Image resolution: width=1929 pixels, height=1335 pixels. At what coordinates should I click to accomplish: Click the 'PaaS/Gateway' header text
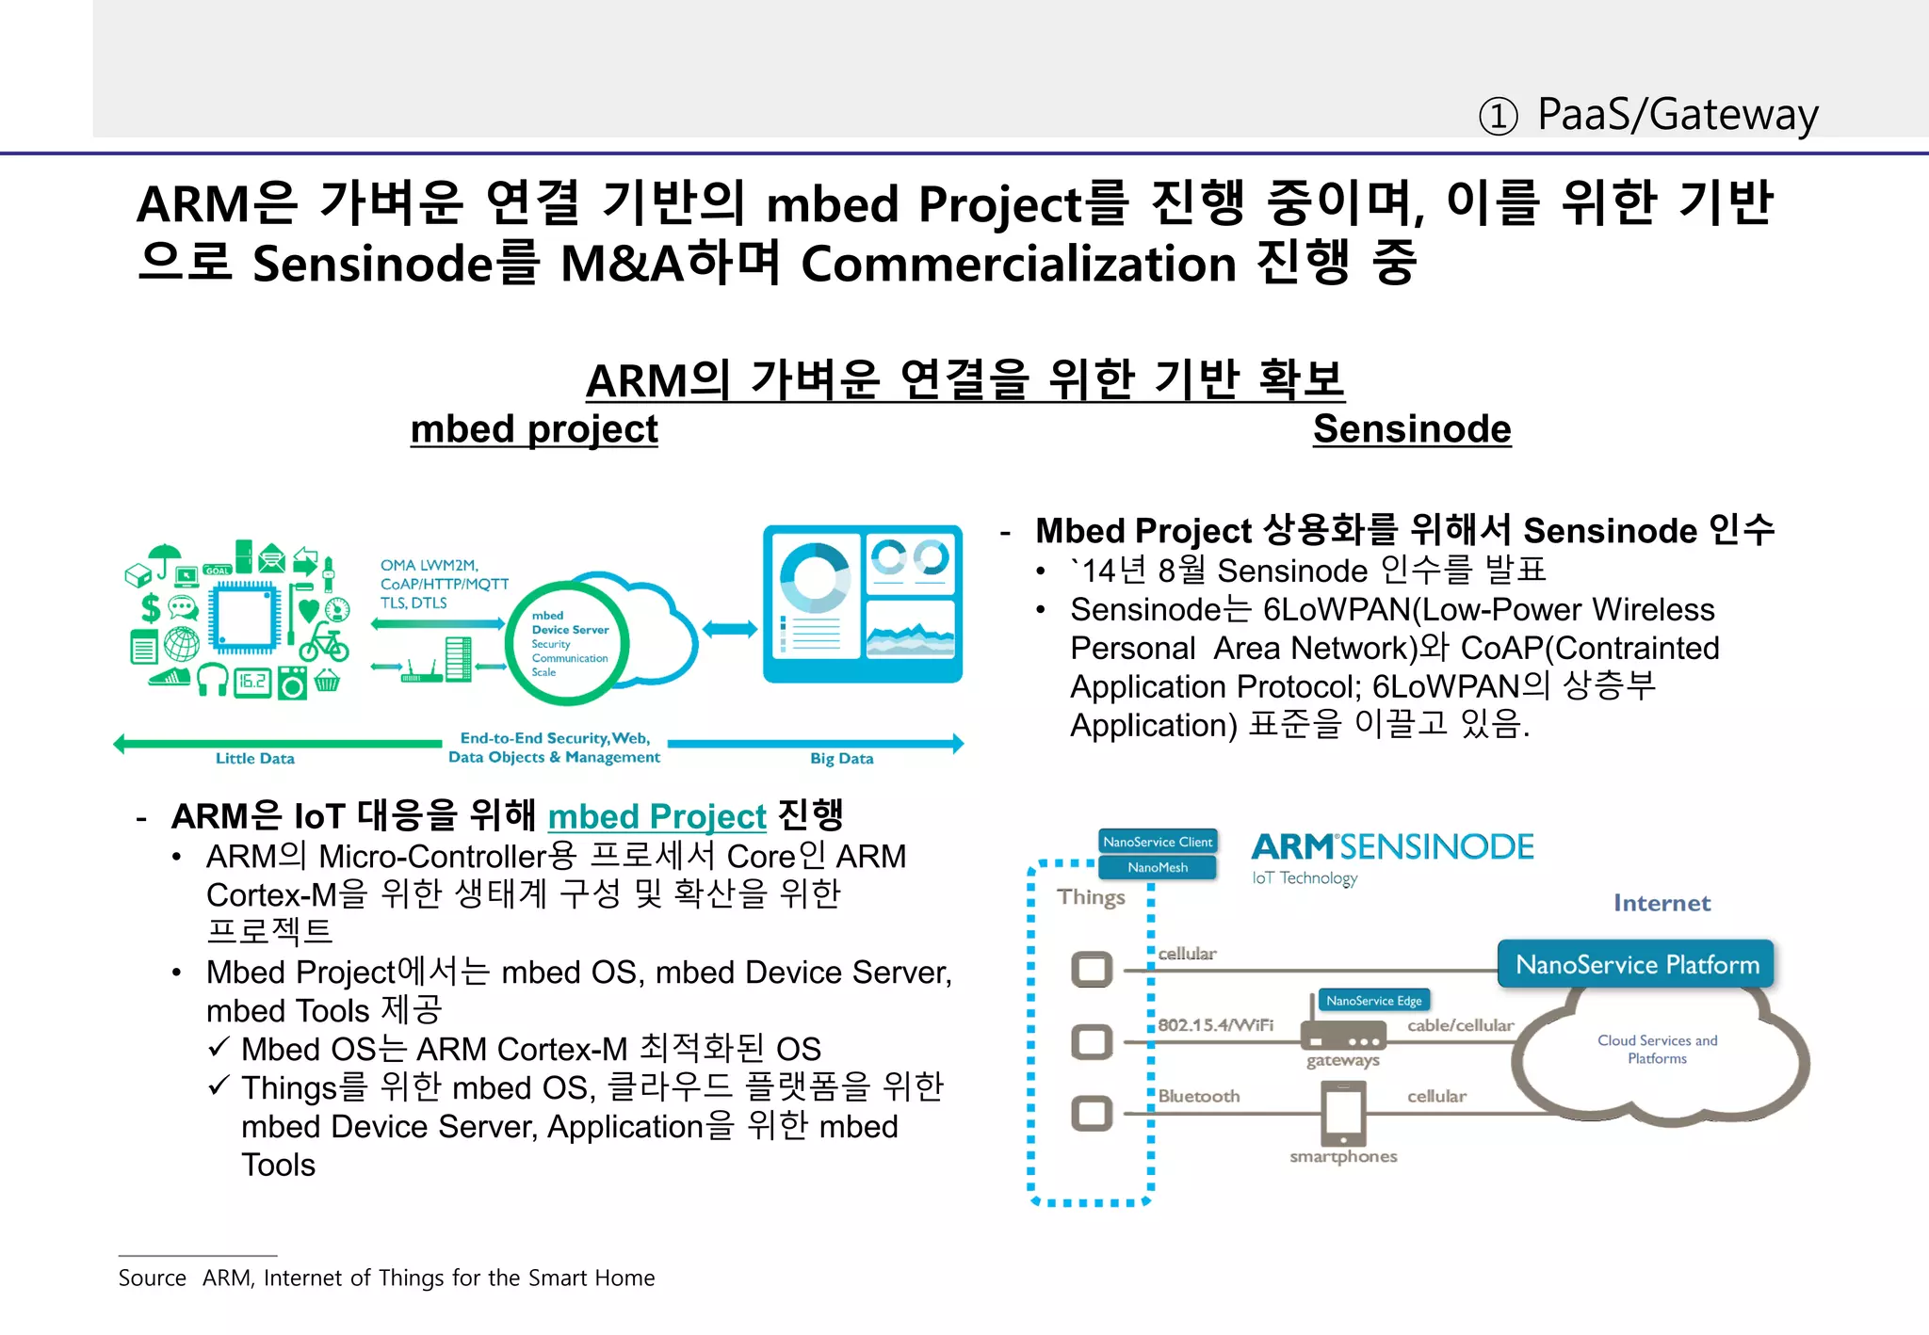pyautogui.click(x=1677, y=115)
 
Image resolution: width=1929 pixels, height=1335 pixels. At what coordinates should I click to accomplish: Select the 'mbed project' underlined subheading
pyautogui.click(x=534, y=429)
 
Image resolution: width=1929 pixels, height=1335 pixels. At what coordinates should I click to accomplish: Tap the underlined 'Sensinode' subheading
pyautogui.click(x=1412, y=429)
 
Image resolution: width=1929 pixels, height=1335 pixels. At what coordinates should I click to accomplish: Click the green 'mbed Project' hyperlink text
pyautogui.click(x=657, y=816)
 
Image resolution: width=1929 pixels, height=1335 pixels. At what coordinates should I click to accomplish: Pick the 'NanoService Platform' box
pyautogui.click(x=1636, y=964)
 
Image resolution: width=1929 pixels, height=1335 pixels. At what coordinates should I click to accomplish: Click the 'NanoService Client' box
pyautogui.click(x=1158, y=842)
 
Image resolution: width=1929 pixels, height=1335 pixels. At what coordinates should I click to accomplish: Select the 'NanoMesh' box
pyautogui.click(x=1158, y=867)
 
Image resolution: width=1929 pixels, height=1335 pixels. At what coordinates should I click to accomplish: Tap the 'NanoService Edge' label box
pyautogui.click(x=1373, y=1000)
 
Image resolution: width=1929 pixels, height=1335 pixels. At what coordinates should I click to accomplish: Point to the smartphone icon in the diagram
pyautogui.click(x=1343, y=1113)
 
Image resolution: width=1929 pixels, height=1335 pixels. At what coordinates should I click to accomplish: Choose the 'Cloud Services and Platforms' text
pyautogui.click(x=1657, y=1049)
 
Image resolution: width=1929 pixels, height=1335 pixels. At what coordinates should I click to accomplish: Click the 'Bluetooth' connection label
pyautogui.click(x=1198, y=1096)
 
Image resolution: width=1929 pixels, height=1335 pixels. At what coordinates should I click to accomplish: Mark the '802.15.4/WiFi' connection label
pyautogui.click(x=1215, y=1024)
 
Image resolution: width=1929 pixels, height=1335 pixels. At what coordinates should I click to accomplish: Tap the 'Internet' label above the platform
pyautogui.click(x=1662, y=903)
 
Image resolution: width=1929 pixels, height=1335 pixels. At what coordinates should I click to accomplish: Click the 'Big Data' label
pyautogui.click(x=841, y=758)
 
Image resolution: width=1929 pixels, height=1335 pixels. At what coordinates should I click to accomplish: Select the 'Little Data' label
pyautogui.click(x=255, y=758)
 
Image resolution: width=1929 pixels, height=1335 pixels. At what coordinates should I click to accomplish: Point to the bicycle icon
pyautogui.click(x=324, y=643)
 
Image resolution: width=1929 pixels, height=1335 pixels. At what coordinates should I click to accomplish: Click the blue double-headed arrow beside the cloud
pyautogui.click(x=729, y=629)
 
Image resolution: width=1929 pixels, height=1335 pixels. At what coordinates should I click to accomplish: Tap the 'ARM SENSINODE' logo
pyautogui.click(x=1392, y=847)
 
